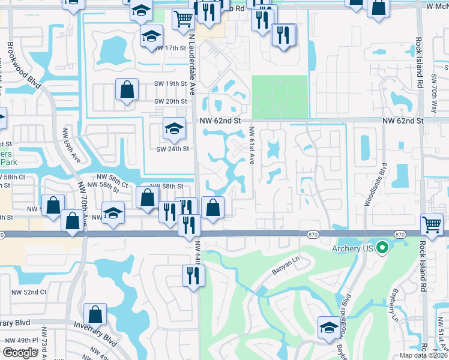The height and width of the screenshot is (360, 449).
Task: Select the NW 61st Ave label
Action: point(252,145)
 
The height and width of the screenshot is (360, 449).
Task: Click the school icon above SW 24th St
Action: point(174,128)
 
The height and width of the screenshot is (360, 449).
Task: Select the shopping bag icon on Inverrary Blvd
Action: point(95,313)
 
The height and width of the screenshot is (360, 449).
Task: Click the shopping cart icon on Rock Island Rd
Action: point(432,224)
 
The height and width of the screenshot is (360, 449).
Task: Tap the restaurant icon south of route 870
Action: point(193,275)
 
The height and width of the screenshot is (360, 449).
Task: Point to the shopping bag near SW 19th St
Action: point(128,90)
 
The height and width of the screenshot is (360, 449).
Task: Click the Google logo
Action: point(20,353)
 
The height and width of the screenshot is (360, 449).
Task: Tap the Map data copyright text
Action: point(423,355)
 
